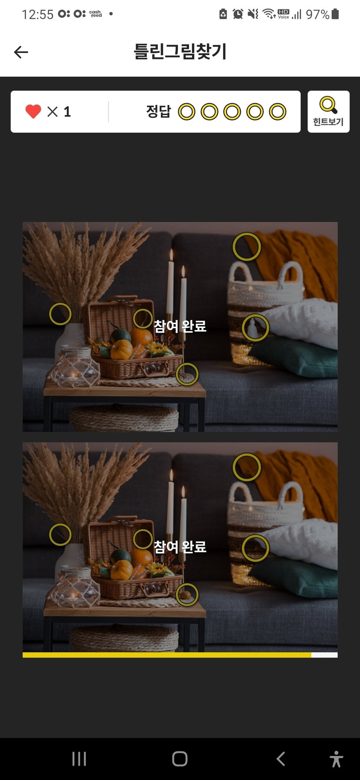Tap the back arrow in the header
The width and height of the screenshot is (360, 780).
[21, 52]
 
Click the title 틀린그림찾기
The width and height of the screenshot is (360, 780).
[180, 52]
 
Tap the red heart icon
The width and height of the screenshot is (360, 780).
[33, 111]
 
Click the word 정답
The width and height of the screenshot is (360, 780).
[159, 111]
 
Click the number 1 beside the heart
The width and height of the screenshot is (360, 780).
[67, 112]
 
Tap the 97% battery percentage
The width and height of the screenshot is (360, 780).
[317, 14]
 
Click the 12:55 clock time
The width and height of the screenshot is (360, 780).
[38, 15]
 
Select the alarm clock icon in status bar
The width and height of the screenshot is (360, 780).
[238, 14]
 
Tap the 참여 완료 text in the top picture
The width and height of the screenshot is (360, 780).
[180, 326]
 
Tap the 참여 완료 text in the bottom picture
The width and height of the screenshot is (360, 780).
[180, 546]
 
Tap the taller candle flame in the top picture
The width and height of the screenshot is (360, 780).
[171, 255]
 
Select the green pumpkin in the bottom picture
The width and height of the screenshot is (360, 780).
[121, 555]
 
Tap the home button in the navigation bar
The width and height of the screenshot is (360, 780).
[180, 759]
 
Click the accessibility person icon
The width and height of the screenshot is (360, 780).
[336, 759]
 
